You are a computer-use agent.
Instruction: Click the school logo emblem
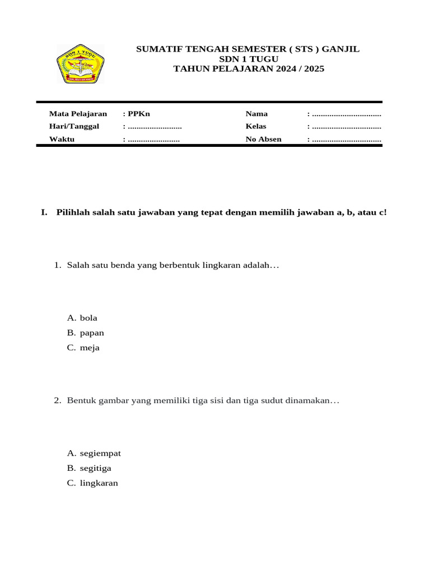click(81, 64)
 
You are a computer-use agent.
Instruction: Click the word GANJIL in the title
click(341, 49)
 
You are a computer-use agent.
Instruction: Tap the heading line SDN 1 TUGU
click(248, 59)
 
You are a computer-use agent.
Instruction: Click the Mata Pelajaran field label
click(78, 114)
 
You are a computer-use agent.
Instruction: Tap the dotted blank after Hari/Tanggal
click(155, 127)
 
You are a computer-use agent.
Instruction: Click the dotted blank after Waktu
click(153, 140)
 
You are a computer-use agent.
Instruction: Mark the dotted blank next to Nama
click(347, 114)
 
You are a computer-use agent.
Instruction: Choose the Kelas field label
click(256, 127)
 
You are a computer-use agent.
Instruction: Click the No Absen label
click(263, 140)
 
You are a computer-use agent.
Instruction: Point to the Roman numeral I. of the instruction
click(44, 213)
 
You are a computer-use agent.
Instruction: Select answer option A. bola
click(82, 318)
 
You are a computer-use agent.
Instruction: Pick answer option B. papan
click(86, 333)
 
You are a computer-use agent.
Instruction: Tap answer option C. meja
click(83, 348)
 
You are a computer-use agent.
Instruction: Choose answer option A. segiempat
click(94, 453)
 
